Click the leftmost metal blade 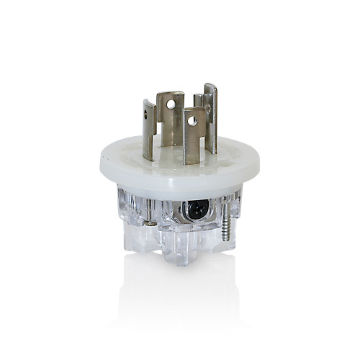(148, 130)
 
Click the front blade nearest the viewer (192, 137)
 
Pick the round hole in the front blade (192, 121)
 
